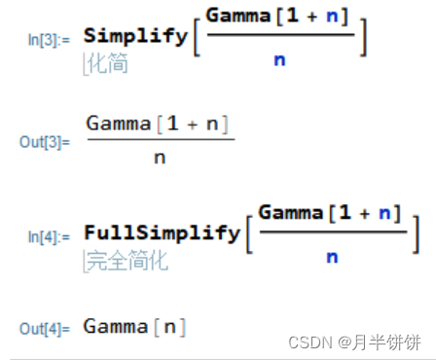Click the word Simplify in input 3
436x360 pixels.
pyautogui.click(x=135, y=35)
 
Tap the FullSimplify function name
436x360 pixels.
pyautogui.click(x=162, y=233)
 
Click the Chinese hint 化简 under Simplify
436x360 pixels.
pyautogui.click(x=108, y=64)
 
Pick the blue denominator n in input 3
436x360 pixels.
pyautogui.click(x=279, y=60)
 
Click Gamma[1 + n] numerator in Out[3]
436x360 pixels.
pyautogui.click(x=161, y=125)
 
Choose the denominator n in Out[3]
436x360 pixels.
pyautogui.click(x=160, y=159)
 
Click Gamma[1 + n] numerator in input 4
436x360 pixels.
pyautogui.click(x=331, y=212)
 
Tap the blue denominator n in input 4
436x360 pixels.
pyautogui.click(x=332, y=257)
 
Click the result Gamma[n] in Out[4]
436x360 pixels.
pyautogui.click(x=135, y=326)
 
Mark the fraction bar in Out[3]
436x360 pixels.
pyautogui.click(x=161, y=141)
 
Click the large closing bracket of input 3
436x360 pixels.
pyautogui.click(x=362, y=37)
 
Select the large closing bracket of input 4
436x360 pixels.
pyautogui.click(x=415, y=234)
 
